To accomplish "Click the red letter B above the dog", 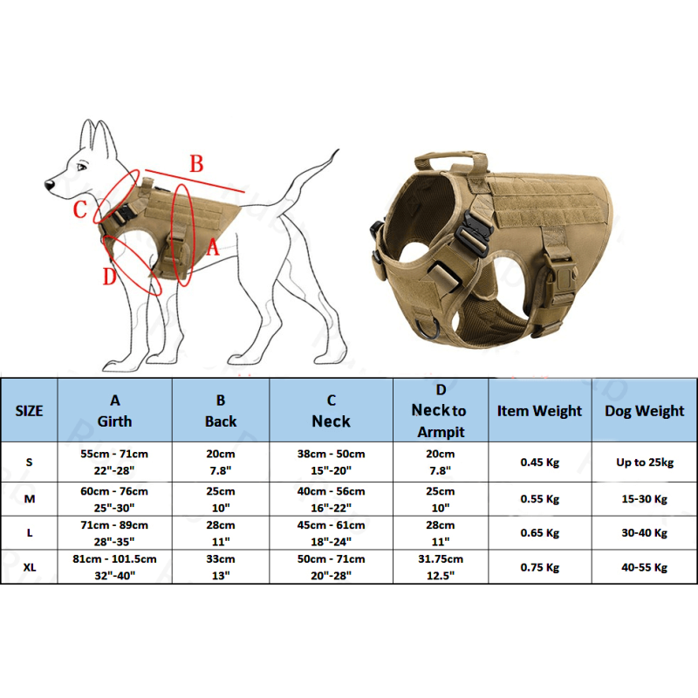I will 197,163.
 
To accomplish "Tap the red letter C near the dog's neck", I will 80,209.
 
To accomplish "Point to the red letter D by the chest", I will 109,277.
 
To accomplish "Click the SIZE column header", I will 29,411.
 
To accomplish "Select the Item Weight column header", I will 539,411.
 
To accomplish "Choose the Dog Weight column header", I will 645,411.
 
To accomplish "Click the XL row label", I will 29,567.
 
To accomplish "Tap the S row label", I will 29,462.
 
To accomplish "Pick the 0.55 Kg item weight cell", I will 539,499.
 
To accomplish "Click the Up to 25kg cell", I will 645,462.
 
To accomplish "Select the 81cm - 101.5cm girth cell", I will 114,558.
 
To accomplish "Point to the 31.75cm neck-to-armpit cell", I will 441,558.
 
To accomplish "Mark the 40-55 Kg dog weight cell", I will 645,567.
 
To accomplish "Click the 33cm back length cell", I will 221,558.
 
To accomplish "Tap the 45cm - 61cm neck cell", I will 331,525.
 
